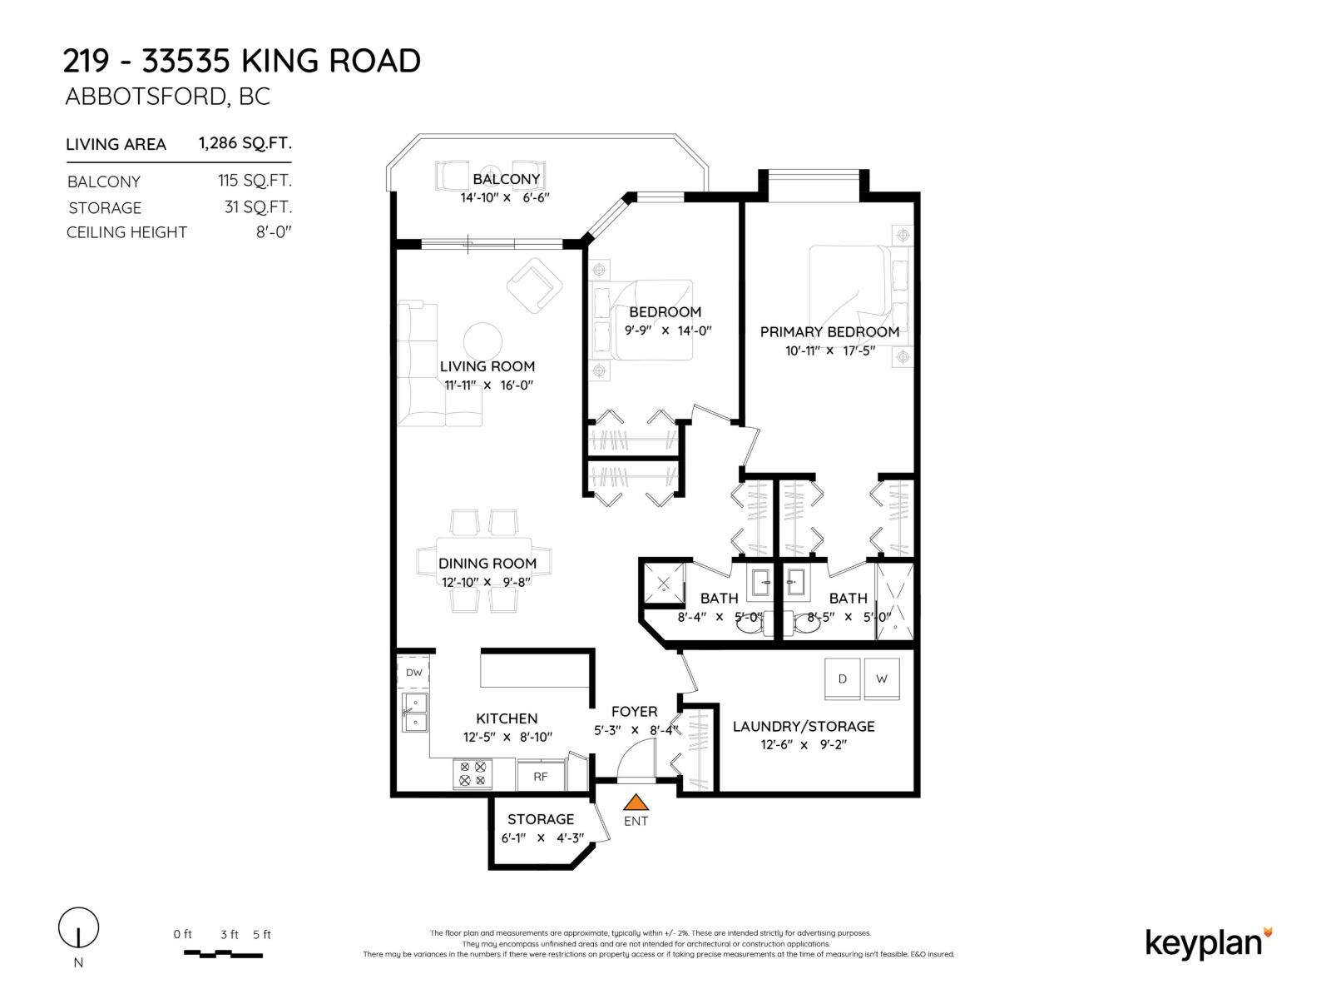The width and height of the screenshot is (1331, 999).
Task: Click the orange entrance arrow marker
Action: coord(636,803)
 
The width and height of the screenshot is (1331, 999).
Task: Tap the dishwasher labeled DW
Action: coord(413,672)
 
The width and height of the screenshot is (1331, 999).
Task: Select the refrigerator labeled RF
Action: coord(540,776)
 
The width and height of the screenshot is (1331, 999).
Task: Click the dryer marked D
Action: coord(842,678)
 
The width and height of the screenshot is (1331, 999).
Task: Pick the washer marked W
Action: coord(882,678)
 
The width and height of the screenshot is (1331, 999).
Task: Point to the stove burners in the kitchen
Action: coord(473,774)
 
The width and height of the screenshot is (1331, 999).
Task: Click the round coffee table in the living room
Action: coord(482,341)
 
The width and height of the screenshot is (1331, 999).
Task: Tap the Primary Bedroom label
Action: coord(829,332)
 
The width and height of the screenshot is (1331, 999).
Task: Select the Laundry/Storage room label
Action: coord(804,726)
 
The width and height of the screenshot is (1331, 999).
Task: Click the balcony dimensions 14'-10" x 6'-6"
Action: coord(504,197)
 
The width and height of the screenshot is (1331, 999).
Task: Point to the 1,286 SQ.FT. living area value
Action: coord(245,143)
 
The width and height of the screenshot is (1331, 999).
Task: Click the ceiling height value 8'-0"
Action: coord(274,232)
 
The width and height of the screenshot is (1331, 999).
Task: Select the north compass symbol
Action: coord(78,928)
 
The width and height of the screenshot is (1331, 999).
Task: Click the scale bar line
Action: coord(223,954)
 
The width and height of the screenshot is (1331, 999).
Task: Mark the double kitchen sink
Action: coord(415,713)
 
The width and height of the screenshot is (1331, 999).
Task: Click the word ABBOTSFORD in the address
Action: coord(146,97)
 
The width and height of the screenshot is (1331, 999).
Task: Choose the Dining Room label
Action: coord(487,563)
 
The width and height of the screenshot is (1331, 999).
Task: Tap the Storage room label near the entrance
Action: coord(540,819)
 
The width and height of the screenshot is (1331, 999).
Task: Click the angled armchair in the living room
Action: coord(534,286)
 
